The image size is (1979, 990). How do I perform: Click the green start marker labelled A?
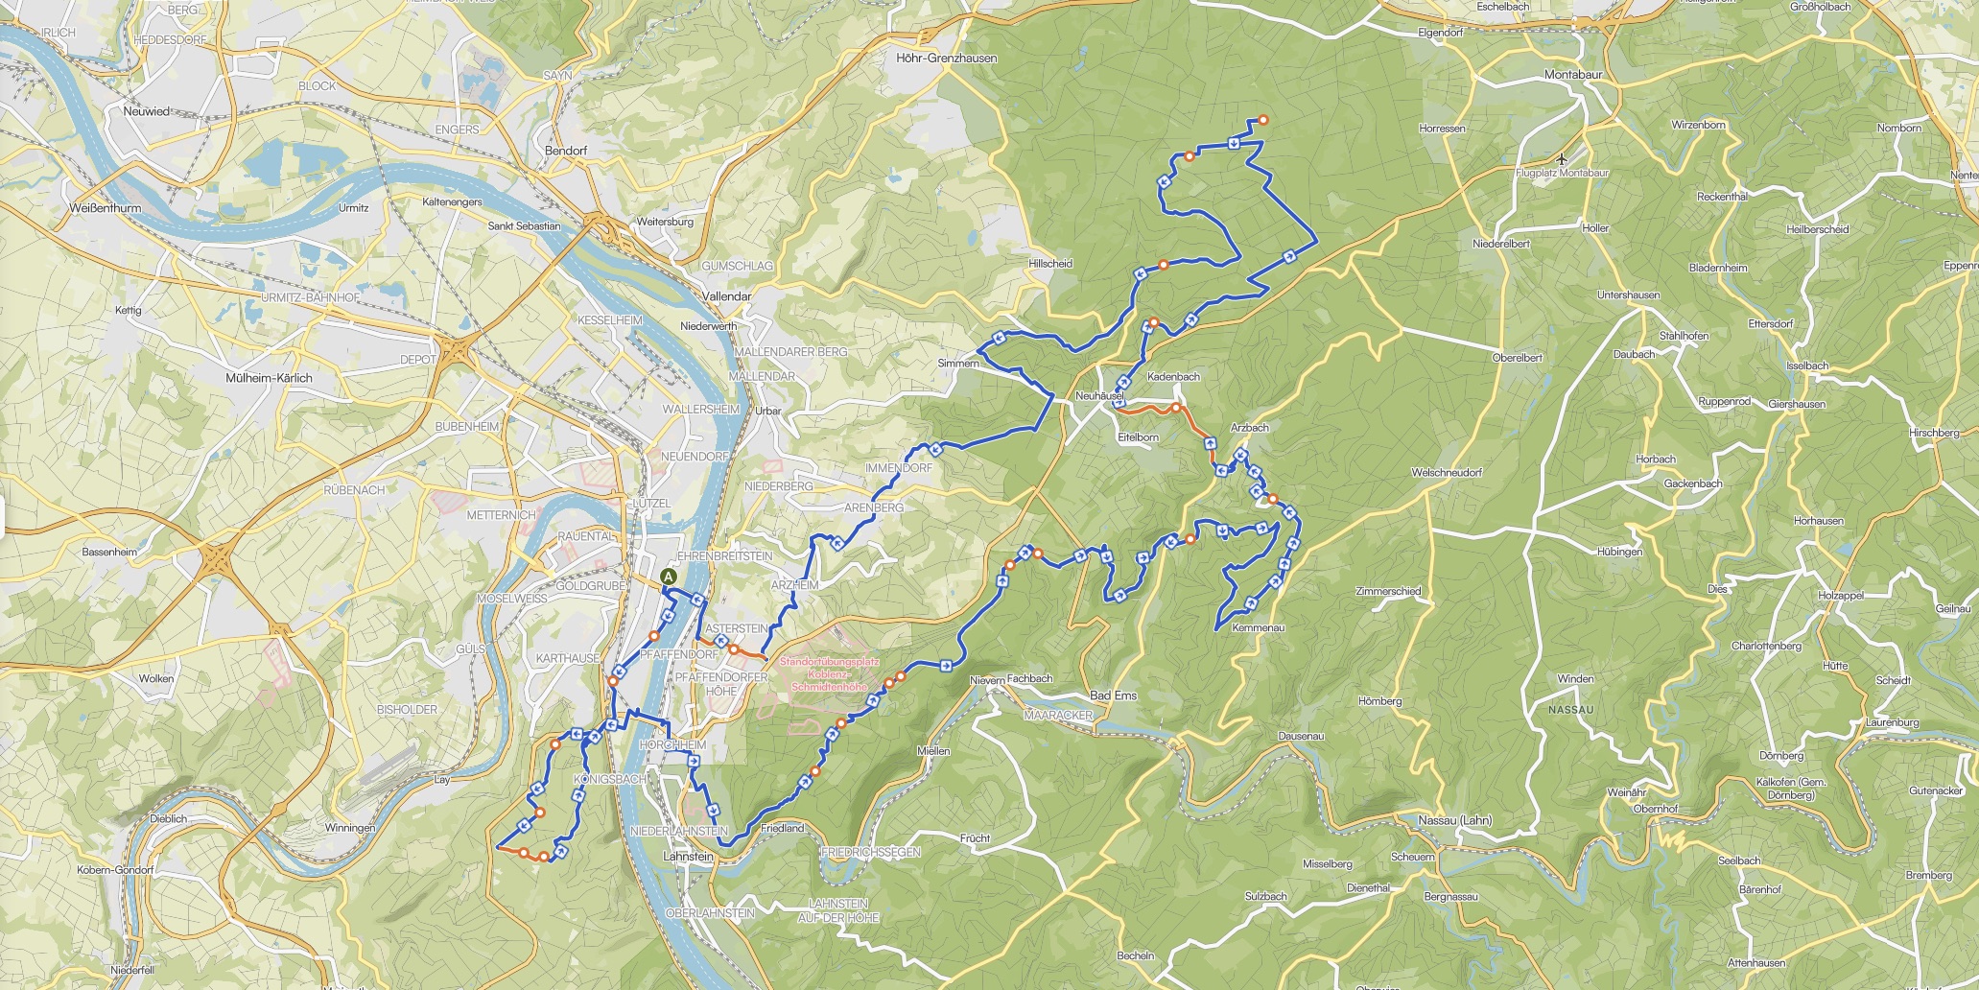(x=669, y=577)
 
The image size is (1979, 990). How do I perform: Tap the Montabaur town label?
(x=1573, y=75)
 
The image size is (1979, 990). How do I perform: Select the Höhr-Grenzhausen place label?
(x=946, y=59)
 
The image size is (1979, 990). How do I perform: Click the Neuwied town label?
(x=146, y=111)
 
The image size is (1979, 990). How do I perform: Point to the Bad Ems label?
(x=1113, y=695)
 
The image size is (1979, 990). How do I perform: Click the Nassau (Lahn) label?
(x=1454, y=820)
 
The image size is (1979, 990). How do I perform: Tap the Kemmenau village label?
(x=1258, y=627)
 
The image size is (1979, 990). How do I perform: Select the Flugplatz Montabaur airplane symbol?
(x=1563, y=158)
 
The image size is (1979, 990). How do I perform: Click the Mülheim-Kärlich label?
(x=269, y=378)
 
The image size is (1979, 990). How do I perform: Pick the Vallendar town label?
(x=726, y=296)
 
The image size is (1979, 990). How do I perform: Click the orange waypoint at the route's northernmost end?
(x=1263, y=120)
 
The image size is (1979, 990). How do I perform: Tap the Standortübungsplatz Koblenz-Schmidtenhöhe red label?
(x=829, y=674)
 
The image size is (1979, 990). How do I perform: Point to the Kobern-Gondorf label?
(x=115, y=870)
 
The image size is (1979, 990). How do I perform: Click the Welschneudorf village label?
(x=1447, y=473)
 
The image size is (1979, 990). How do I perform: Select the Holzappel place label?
(x=1840, y=596)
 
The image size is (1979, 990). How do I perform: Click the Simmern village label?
(x=958, y=364)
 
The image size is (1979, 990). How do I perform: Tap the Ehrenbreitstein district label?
(x=725, y=556)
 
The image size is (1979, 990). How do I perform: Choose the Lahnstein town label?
(x=689, y=857)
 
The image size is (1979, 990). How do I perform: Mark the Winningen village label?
(x=349, y=828)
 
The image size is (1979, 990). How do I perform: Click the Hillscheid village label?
(x=1049, y=264)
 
